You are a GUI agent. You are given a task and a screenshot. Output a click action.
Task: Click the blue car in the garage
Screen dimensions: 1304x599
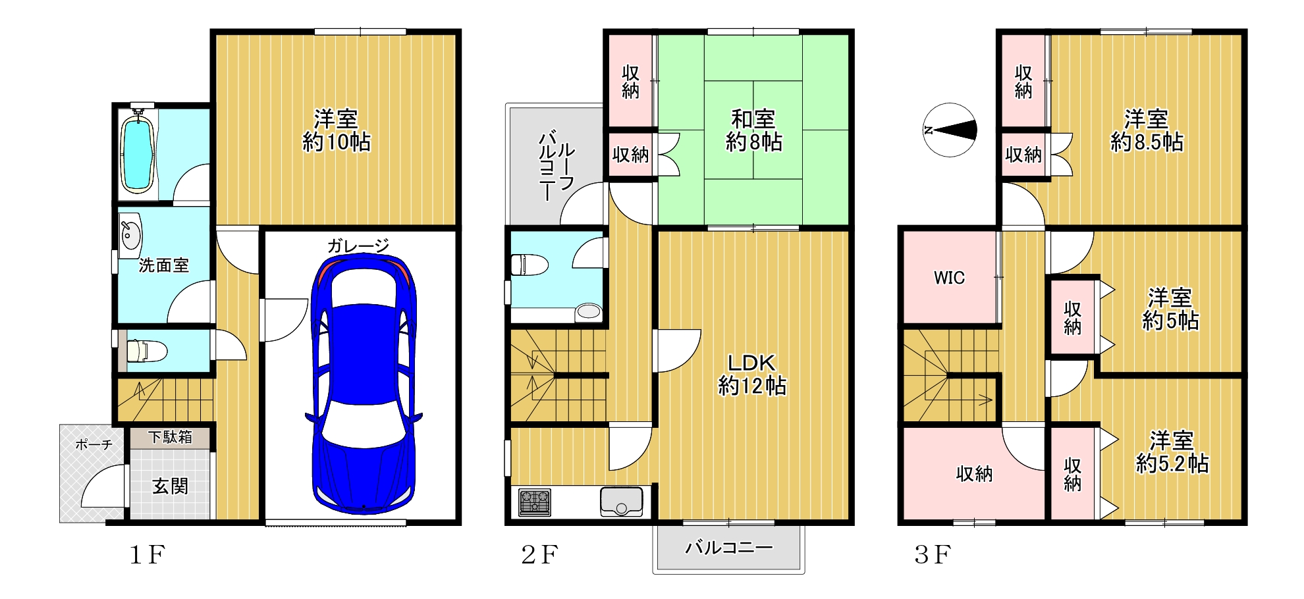(x=363, y=382)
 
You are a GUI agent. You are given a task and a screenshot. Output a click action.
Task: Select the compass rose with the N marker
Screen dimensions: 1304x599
(x=949, y=130)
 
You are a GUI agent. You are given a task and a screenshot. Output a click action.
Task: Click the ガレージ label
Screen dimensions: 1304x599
(x=358, y=246)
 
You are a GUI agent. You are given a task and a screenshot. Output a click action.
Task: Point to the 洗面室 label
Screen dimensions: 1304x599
(x=164, y=265)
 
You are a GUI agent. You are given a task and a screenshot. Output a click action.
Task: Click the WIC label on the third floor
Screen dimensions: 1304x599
(x=949, y=278)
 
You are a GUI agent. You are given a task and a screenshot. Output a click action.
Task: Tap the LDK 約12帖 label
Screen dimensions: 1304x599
(x=751, y=374)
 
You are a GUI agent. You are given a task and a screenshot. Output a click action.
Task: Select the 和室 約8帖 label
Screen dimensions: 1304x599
(x=753, y=130)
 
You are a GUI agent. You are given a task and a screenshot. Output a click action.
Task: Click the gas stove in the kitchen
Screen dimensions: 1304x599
(x=535, y=502)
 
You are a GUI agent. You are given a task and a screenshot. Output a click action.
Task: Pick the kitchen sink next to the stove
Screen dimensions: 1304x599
(x=621, y=502)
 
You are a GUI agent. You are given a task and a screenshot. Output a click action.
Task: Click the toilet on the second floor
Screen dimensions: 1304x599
(x=530, y=265)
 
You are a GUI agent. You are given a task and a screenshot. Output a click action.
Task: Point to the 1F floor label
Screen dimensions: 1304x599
(x=146, y=555)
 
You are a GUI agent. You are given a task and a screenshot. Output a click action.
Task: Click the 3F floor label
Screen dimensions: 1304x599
(x=933, y=555)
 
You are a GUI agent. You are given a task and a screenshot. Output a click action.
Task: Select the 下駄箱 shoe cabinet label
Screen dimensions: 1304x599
(x=170, y=436)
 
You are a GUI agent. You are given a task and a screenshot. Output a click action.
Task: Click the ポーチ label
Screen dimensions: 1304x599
(x=94, y=444)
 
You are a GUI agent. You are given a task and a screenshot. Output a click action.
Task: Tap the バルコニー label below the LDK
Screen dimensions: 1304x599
(x=728, y=547)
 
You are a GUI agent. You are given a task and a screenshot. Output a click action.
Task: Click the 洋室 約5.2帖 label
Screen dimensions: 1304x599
(x=1172, y=452)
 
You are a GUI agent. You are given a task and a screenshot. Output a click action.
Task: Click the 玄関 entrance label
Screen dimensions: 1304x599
(x=171, y=486)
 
